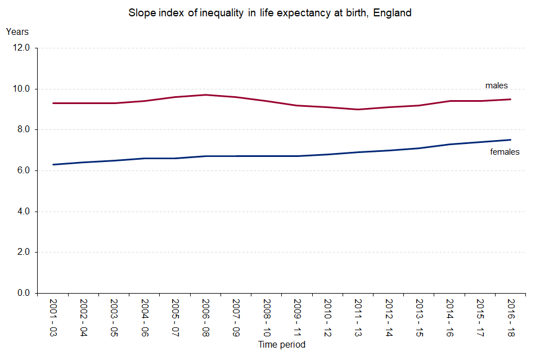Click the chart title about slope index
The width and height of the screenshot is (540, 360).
coord(270,13)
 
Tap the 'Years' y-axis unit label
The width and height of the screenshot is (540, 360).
coord(17,32)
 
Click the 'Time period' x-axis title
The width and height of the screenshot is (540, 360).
coord(281,344)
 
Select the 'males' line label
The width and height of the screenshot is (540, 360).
coord(497,85)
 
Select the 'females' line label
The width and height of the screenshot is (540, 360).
coord(505,152)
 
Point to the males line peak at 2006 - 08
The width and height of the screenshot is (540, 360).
coord(206,95)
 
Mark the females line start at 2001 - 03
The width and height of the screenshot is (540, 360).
coord(53,164)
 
